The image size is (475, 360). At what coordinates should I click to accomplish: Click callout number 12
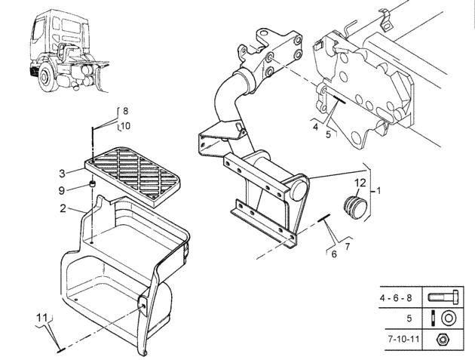(x=360, y=183)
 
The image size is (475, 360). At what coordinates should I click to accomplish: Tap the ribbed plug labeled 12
(x=354, y=206)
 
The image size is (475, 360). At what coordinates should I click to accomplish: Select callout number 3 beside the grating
(x=62, y=174)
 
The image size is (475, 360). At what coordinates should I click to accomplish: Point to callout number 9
(x=62, y=190)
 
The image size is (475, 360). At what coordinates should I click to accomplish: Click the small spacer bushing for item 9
(x=93, y=183)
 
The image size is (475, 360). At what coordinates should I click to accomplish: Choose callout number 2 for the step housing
(x=63, y=208)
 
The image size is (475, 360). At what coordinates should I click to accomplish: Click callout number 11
(x=41, y=318)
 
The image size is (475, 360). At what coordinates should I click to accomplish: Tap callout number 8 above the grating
(x=125, y=111)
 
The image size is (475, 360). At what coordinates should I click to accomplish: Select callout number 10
(x=125, y=125)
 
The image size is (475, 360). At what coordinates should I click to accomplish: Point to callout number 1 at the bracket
(x=378, y=191)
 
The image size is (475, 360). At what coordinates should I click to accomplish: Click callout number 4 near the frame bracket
(x=315, y=127)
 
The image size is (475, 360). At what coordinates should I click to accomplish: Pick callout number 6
(x=334, y=254)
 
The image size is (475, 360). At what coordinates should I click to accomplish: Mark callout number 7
(x=348, y=247)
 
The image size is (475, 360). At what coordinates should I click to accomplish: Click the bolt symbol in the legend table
(x=443, y=297)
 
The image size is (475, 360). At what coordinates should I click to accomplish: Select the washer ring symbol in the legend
(x=449, y=318)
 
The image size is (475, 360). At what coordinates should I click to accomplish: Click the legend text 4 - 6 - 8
(x=396, y=298)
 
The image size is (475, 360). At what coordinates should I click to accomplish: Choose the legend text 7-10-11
(x=404, y=338)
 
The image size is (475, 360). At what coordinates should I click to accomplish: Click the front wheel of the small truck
(x=46, y=78)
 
